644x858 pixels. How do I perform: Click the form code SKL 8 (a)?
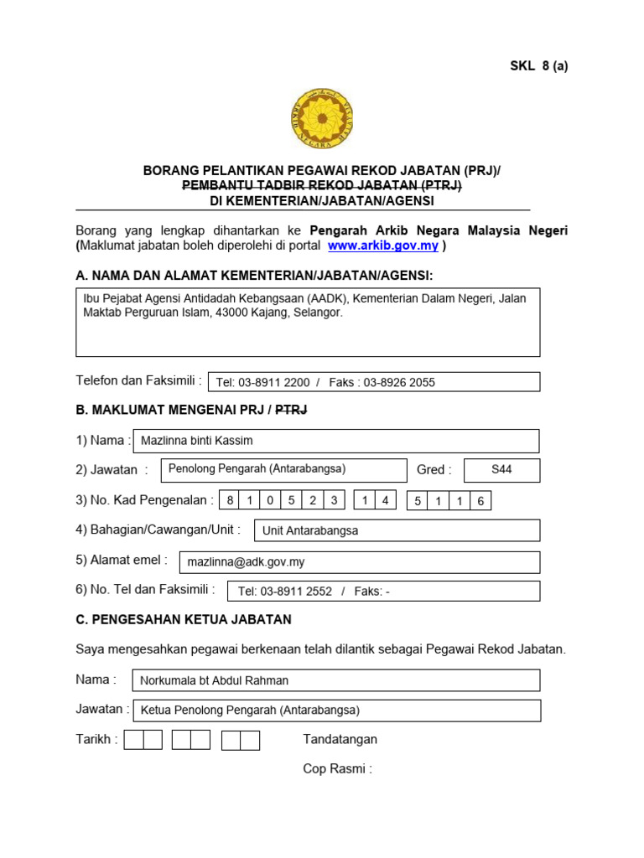click(539, 66)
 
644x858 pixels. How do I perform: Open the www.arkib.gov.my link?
click(383, 246)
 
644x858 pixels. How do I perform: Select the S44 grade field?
click(501, 470)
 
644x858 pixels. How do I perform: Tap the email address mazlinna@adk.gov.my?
click(246, 562)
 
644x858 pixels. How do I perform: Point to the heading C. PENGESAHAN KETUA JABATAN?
click(184, 620)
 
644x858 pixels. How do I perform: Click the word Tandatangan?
click(340, 739)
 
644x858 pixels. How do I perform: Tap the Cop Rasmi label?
click(337, 768)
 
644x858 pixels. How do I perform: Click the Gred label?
click(434, 470)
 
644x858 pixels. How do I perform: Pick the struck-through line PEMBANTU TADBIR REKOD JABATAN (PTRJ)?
click(322, 186)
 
